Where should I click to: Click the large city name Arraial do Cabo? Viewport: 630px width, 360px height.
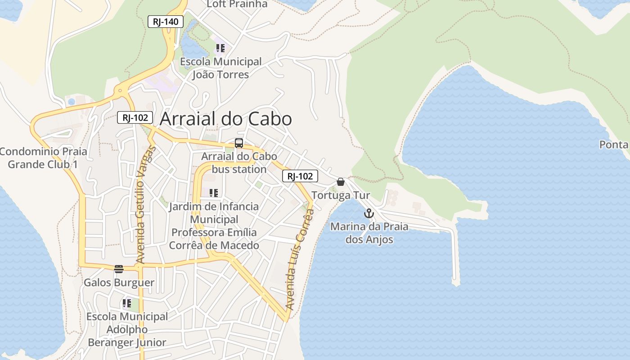[x=226, y=119]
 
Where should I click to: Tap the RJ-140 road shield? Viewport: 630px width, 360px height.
[x=166, y=21]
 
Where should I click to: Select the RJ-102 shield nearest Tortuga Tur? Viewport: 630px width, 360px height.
[x=300, y=176]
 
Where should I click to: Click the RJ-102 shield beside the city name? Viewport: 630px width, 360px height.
[x=135, y=117]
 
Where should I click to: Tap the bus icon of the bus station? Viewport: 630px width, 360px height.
[x=239, y=144]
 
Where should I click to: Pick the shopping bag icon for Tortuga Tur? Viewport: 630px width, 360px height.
[x=341, y=182]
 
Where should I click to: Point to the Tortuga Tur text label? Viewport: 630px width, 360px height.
[x=341, y=195]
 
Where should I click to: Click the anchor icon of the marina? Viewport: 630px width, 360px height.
[x=369, y=213]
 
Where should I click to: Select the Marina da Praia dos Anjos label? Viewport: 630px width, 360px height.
[x=369, y=233]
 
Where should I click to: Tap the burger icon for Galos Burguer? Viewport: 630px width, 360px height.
[x=119, y=269]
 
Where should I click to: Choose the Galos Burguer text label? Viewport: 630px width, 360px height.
[x=119, y=283]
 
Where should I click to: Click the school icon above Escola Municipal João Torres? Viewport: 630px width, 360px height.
[x=220, y=48]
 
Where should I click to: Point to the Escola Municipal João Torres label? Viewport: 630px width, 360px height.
[x=220, y=68]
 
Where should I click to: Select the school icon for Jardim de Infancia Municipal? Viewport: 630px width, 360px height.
[x=214, y=193]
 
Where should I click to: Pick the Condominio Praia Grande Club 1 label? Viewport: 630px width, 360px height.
[x=43, y=157]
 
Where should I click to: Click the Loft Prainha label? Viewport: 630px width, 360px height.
[x=237, y=4]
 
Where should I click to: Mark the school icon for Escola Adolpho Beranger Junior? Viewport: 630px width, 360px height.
[x=127, y=303]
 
